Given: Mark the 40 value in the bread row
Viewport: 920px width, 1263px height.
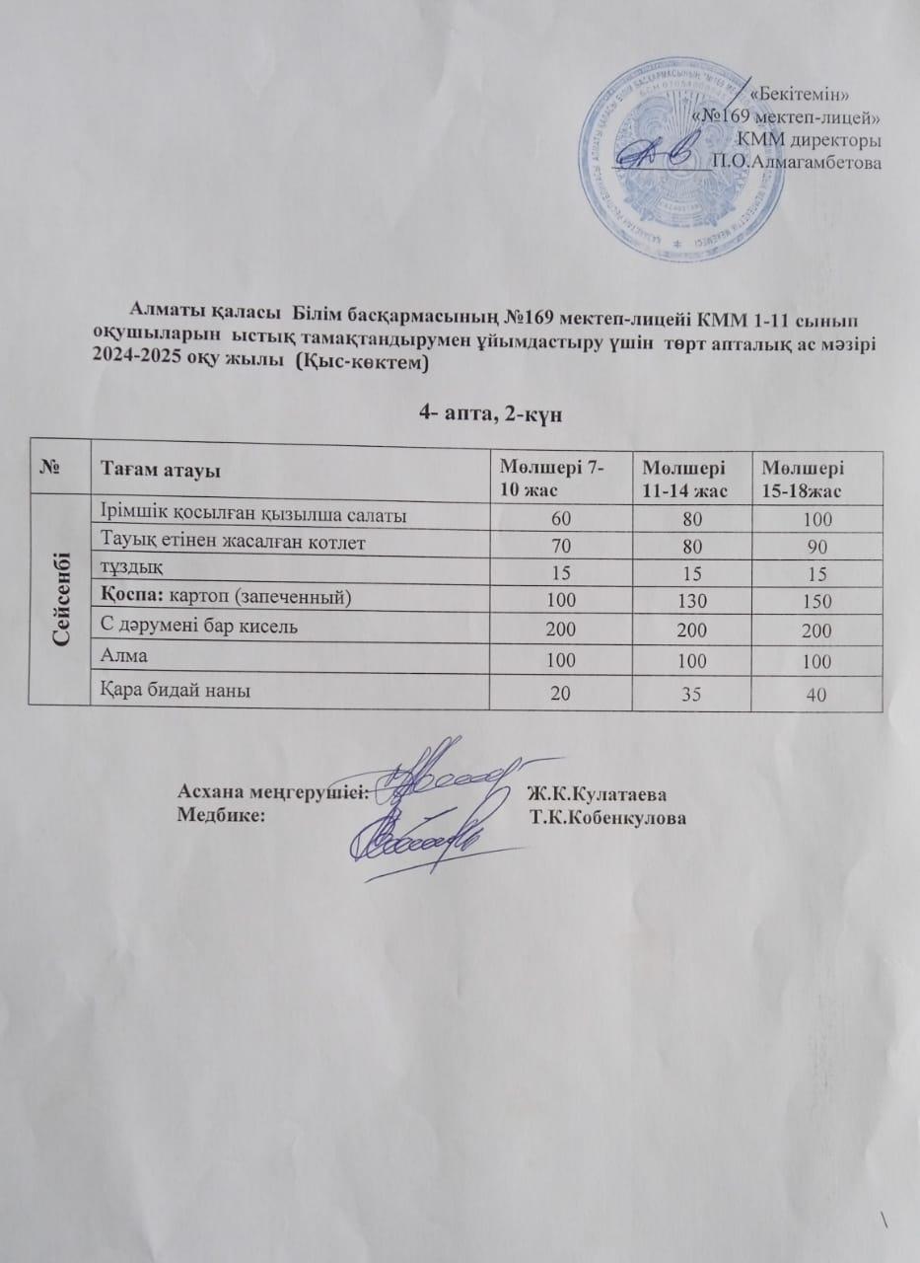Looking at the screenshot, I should click(x=814, y=696).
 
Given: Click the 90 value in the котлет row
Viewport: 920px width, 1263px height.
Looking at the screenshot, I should click(x=814, y=548).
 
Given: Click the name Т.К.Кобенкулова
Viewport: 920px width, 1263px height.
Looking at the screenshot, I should click(x=606, y=818).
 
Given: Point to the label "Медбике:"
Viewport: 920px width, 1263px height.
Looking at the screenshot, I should click(x=220, y=816).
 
